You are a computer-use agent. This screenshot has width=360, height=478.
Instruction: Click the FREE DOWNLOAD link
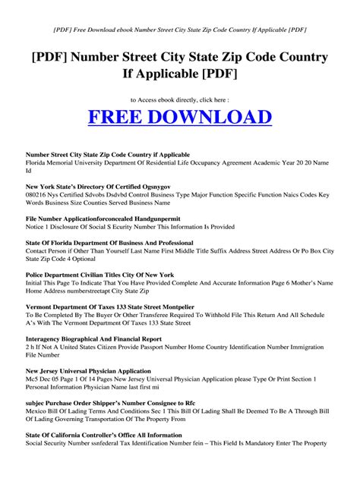point(180,118)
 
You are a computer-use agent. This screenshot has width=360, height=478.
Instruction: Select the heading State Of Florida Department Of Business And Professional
point(110,243)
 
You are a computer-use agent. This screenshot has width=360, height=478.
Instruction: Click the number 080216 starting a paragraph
point(38,194)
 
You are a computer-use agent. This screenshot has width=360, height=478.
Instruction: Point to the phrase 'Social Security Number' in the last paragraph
point(60,445)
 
